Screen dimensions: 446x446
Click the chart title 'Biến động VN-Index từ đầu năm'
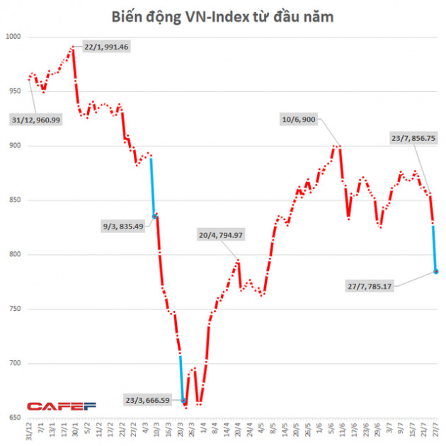click(x=223, y=16)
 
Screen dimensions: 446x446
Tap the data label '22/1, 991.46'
click(x=106, y=47)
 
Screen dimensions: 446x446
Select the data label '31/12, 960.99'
click(x=36, y=120)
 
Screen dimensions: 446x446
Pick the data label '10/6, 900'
click(x=298, y=120)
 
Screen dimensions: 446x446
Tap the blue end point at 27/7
click(x=435, y=271)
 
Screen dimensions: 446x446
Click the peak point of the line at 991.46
click(x=72, y=48)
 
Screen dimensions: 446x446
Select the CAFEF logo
click(x=53, y=406)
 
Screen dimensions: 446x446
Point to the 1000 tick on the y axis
click(x=13, y=37)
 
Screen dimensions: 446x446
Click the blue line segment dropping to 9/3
click(x=152, y=185)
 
